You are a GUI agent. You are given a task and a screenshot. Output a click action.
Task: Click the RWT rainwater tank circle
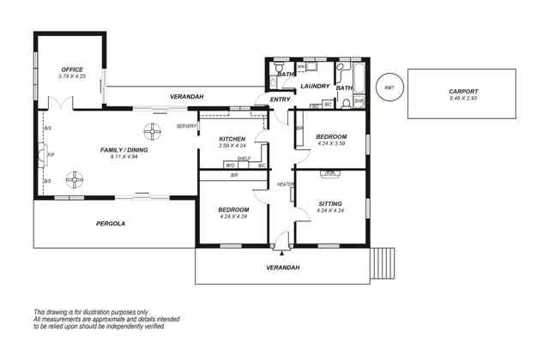pos(390,87)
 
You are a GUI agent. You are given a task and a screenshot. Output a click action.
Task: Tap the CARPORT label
pos(462,91)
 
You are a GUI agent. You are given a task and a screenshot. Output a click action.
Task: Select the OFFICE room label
pos(71,69)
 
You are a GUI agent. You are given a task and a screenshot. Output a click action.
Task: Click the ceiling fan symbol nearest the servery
pos(153,131)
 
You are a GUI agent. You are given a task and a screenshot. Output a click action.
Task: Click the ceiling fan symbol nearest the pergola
pos(77,180)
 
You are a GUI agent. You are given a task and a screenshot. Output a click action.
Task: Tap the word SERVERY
pos(186,126)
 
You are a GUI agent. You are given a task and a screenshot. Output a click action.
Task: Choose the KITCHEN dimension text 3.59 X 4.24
pos(232,146)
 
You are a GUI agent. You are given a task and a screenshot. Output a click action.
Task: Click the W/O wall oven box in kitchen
pos(231,165)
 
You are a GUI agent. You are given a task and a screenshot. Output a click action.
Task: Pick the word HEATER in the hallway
pos(286,185)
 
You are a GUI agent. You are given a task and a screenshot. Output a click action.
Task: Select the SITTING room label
pos(330,203)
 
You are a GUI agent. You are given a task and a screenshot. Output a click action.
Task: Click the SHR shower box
pos(359,101)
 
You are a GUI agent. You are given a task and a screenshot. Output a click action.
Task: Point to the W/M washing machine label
pos(301,66)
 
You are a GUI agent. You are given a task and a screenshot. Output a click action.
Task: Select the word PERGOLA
pos(111,224)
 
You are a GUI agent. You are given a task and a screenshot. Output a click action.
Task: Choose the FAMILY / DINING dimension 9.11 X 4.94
pos(124,157)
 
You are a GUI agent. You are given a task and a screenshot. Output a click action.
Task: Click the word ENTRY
pos(280,100)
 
